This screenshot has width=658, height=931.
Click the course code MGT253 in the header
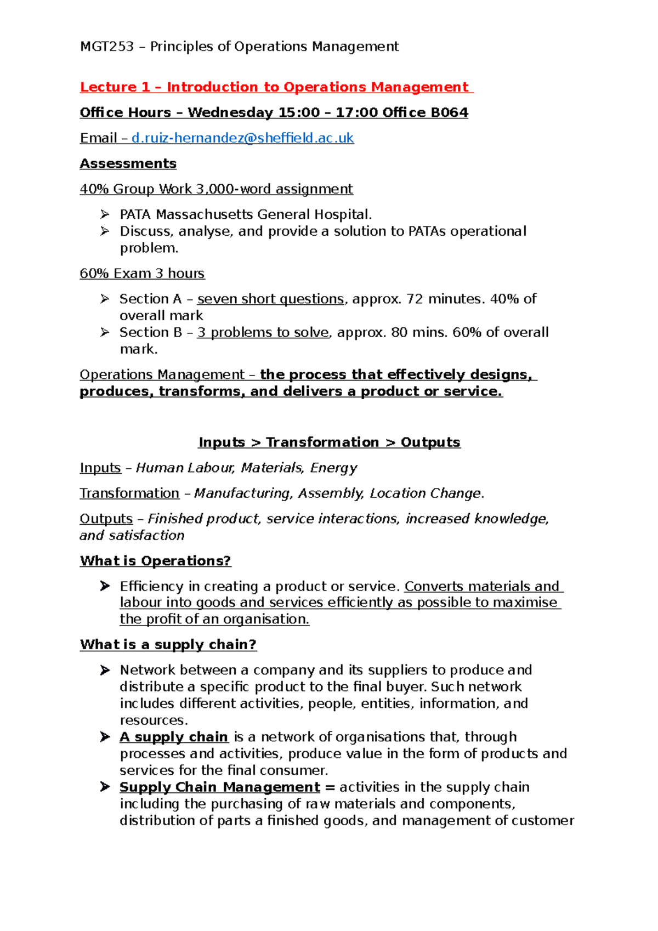(x=107, y=47)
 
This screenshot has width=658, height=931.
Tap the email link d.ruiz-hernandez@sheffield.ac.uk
(x=242, y=138)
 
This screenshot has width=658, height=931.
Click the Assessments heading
(x=128, y=163)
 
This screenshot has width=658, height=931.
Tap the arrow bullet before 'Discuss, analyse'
(x=105, y=231)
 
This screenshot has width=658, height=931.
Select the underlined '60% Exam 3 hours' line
(x=142, y=274)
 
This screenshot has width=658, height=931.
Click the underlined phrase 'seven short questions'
(x=270, y=299)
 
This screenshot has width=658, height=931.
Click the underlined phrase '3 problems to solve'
(x=263, y=332)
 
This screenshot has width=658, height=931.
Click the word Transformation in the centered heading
(x=322, y=442)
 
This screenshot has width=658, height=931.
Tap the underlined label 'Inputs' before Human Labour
(x=100, y=468)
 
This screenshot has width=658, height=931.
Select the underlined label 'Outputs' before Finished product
(x=106, y=519)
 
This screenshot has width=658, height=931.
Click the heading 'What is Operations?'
(x=155, y=561)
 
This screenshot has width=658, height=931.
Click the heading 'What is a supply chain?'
(x=168, y=645)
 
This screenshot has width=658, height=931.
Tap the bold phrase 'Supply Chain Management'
(x=220, y=787)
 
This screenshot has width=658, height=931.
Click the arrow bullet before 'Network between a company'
(x=105, y=670)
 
